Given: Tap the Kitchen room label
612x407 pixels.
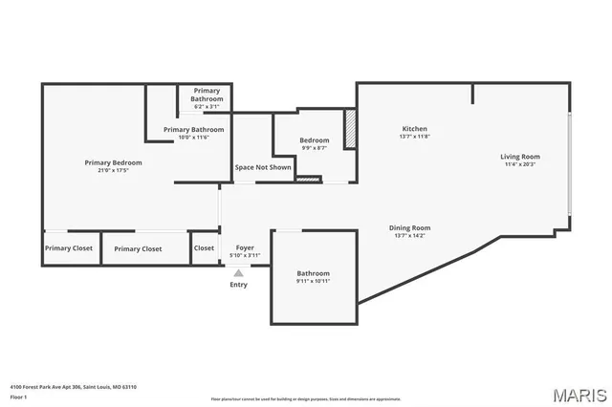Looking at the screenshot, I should pyautogui.click(x=414, y=129).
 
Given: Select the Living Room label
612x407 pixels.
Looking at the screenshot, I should pyautogui.click(x=520, y=157).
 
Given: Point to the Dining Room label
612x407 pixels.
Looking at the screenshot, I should pyautogui.click(x=409, y=227).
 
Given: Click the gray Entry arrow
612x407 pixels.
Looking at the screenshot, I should pyautogui.click(x=238, y=272).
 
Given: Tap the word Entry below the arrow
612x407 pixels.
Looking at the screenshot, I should pyautogui.click(x=238, y=284).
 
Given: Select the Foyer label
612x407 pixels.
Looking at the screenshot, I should pyautogui.click(x=245, y=248).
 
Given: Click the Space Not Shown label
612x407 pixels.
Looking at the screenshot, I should pyautogui.click(x=263, y=167).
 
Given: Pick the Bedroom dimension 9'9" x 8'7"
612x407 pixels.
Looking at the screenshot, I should pyautogui.click(x=315, y=148).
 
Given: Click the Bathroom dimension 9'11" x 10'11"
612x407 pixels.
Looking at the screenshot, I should pyautogui.click(x=313, y=281).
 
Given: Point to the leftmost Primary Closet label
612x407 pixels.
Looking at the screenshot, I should pyautogui.click(x=69, y=248).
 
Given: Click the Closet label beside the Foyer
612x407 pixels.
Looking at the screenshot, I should pyautogui.click(x=204, y=248).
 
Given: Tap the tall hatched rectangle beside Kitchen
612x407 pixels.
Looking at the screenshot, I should pyautogui.click(x=350, y=128).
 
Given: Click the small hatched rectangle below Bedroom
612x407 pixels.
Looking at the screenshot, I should pyautogui.click(x=308, y=178).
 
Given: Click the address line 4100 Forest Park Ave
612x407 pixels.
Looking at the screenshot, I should pyautogui.click(x=73, y=387).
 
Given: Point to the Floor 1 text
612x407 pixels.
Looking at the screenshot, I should pyautogui.click(x=19, y=396).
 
